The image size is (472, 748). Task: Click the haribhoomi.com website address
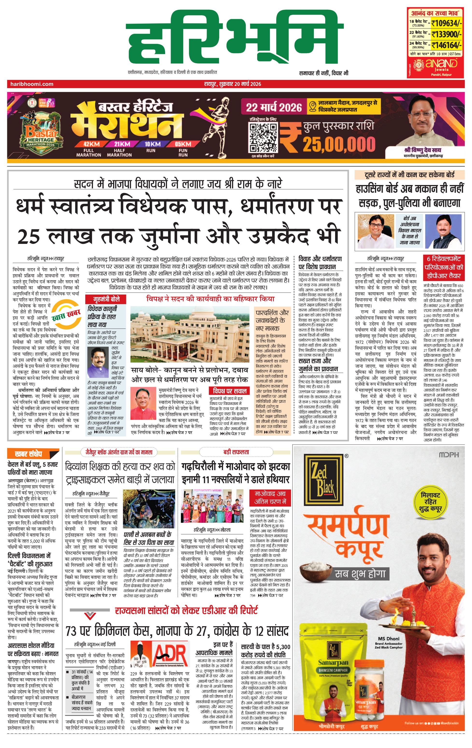(x=32, y=84)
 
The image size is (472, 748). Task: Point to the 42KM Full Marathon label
(x=89, y=149)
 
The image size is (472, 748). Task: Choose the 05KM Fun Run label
(x=183, y=149)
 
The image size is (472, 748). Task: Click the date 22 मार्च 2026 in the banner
(x=274, y=108)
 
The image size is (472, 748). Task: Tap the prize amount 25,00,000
(x=339, y=144)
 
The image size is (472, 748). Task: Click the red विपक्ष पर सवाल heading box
(x=229, y=391)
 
